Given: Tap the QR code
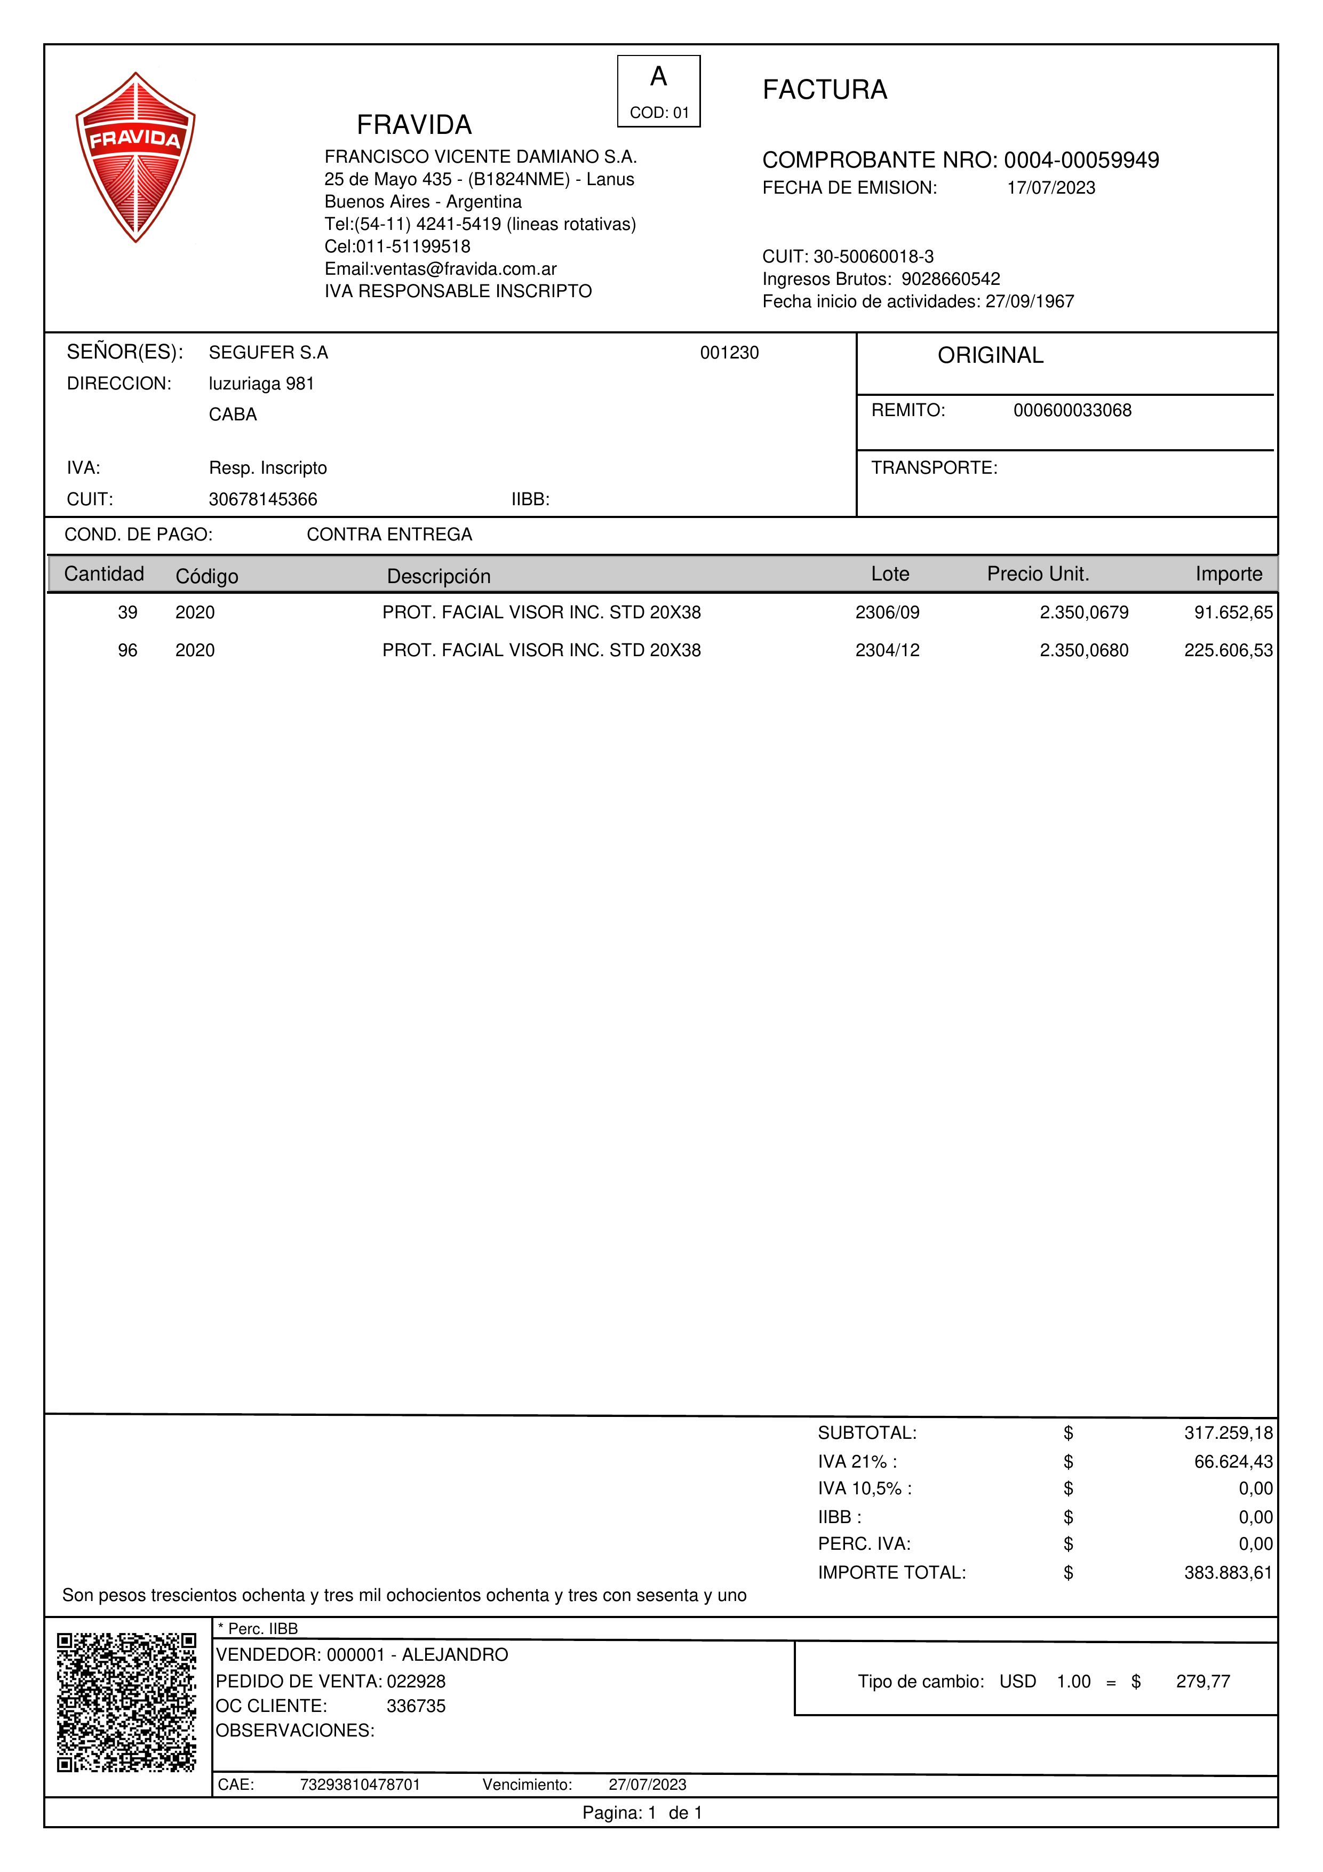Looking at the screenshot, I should (x=126, y=1702).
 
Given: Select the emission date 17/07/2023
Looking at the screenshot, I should (x=1051, y=188).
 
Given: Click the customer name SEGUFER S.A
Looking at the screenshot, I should (x=268, y=352).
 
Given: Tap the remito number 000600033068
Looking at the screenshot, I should (x=1072, y=410).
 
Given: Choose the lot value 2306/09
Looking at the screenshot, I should (x=887, y=612).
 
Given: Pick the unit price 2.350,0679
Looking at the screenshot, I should (x=1083, y=612).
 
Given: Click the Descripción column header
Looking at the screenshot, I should (x=439, y=577).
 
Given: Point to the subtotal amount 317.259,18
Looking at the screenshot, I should (x=1228, y=1432).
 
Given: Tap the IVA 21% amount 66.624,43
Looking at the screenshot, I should (x=1232, y=1461).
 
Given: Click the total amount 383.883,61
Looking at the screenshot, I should (x=1228, y=1572).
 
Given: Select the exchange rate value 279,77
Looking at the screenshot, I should (x=1202, y=1681).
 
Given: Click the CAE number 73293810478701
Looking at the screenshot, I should (x=360, y=1784).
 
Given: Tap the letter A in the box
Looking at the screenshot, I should (x=659, y=77).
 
